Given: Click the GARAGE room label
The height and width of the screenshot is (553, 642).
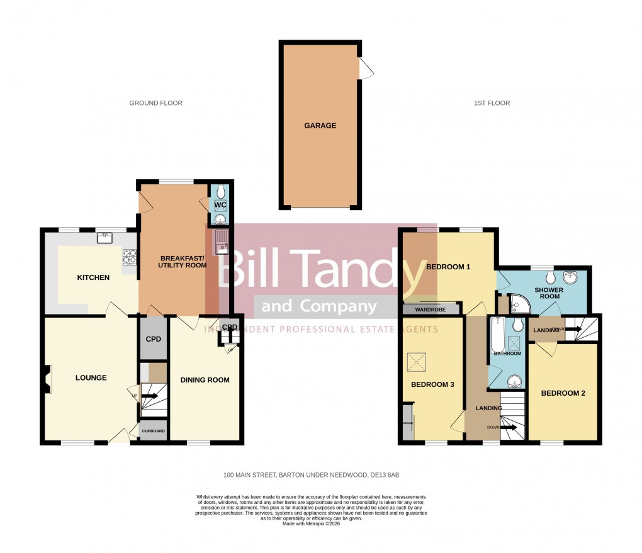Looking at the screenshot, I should pos(320,126).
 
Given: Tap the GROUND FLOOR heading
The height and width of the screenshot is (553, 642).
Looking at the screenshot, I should pos(155,103).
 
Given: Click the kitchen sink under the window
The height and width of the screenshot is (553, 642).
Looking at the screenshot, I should pos(105,238).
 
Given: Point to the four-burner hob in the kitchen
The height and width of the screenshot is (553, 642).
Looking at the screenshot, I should pos(130,256).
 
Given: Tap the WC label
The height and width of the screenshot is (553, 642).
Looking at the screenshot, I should pos(220,206).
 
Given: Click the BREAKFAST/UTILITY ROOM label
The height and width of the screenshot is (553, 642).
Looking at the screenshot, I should pos(174,262).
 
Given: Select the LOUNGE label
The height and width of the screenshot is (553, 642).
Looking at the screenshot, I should pos(91,378).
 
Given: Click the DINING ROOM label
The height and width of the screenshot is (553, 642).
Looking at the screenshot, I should pos(205,380).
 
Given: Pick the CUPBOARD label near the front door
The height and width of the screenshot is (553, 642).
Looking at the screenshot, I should pos(153,432).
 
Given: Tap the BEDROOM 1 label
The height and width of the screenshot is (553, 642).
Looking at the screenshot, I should pos(448,267).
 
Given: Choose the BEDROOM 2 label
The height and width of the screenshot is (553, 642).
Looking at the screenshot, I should pos(563,394).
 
